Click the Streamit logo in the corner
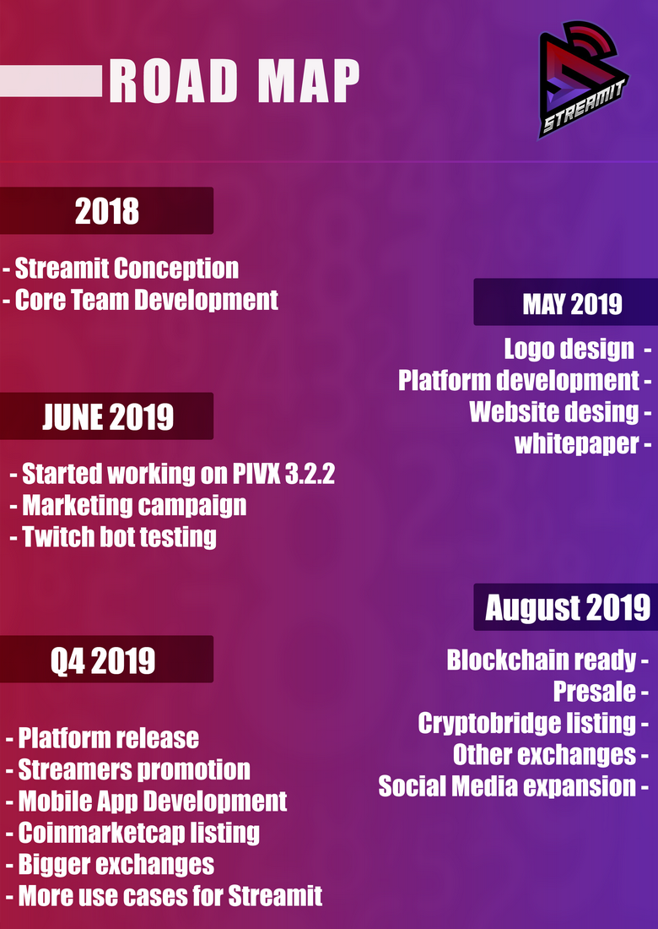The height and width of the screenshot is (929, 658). pyautogui.click(x=584, y=79)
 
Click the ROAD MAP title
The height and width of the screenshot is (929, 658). pyautogui.click(x=235, y=81)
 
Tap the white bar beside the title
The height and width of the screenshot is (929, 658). pyautogui.click(x=51, y=81)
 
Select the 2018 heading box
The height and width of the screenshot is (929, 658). pyautogui.click(x=106, y=210)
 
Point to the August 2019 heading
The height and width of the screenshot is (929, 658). pyautogui.click(x=568, y=607)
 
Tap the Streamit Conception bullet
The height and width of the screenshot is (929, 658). pyautogui.click(x=121, y=269)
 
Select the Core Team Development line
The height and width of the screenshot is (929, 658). pyautogui.click(x=140, y=301)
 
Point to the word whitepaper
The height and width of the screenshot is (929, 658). pyautogui.click(x=577, y=443)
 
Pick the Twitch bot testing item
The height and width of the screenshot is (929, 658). pyautogui.click(x=114, y=537)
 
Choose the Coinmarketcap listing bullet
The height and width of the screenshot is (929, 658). pyautogui.click(x=132, y=833)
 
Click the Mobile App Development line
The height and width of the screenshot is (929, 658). pyautogui.click(x=146, y=801)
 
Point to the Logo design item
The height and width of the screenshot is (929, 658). pyautogui.click(x=577, y=350)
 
